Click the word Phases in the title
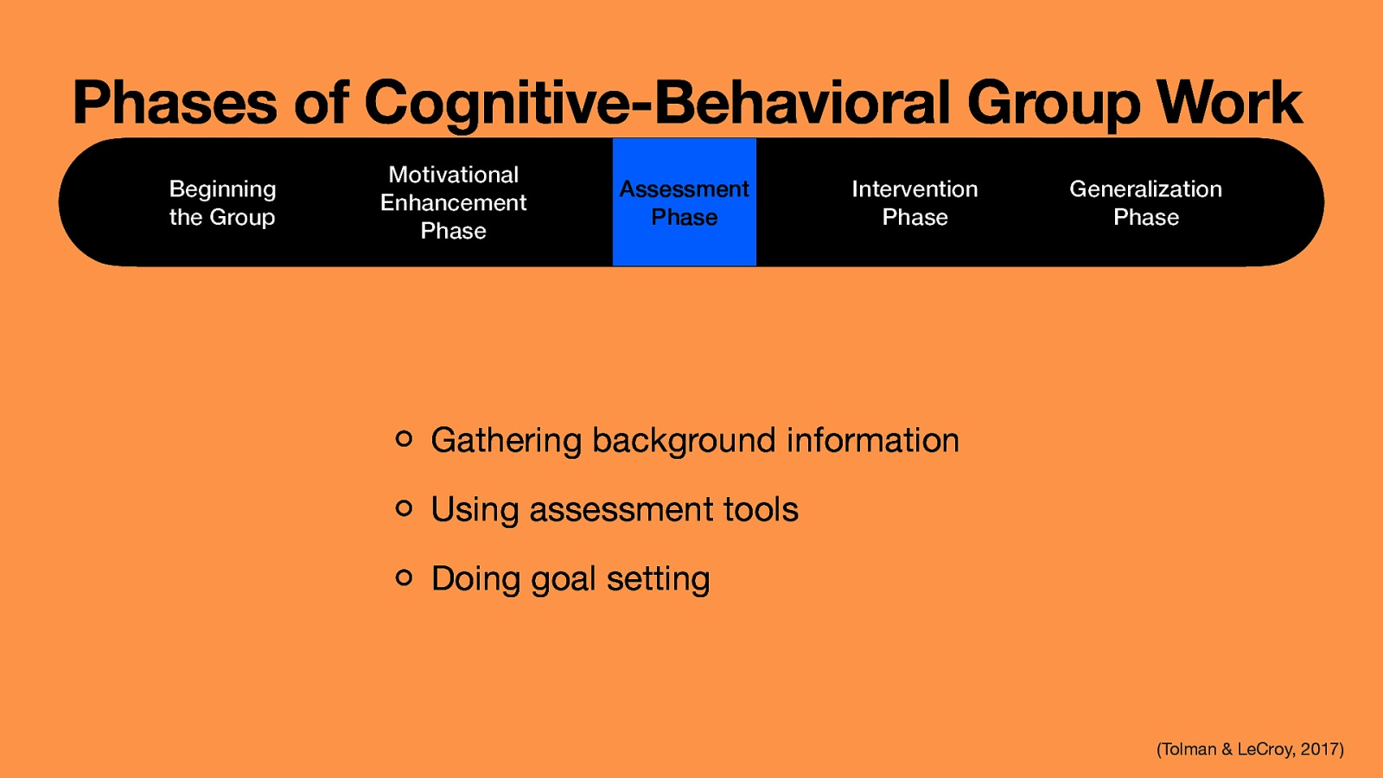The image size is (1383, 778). pos(174,103)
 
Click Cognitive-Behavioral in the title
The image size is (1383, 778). pos(657,103)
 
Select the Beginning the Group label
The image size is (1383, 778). pos(222,203)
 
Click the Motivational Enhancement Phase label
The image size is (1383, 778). pos(453,203)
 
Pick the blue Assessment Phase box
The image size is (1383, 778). pos(684,203)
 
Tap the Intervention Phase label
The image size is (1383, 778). pos(915,203)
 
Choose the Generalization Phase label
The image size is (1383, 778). pos(1145,203)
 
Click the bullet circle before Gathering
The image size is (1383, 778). pos(404,439)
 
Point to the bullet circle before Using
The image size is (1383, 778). pos(404,508)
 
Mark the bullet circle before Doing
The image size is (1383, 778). pos(404,577)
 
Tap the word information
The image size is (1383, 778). pos(872,440)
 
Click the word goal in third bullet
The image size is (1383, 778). pos(563,580)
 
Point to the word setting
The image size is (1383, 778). pos(658,579)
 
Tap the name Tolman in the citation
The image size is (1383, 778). pos(1189,749)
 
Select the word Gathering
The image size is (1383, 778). pos(507,441)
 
